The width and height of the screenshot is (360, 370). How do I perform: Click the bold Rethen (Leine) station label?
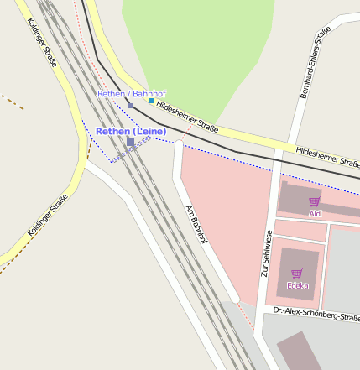pos(131,132)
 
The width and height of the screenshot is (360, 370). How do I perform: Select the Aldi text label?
pos(316,214)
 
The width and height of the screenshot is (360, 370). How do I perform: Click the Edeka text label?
pos(298,286)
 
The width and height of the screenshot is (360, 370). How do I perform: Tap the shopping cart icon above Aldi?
pos(315,202)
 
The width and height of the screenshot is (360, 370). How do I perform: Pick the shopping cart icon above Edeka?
pos(297,274)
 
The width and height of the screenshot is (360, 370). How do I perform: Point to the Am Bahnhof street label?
pos(196,223)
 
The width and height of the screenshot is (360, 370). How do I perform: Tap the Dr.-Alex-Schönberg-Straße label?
pos(316,315)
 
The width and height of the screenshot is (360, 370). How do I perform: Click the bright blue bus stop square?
pos(152,101)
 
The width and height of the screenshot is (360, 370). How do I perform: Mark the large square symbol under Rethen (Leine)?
pos(130,143)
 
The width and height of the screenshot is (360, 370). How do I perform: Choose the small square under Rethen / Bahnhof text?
pos(131,105)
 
